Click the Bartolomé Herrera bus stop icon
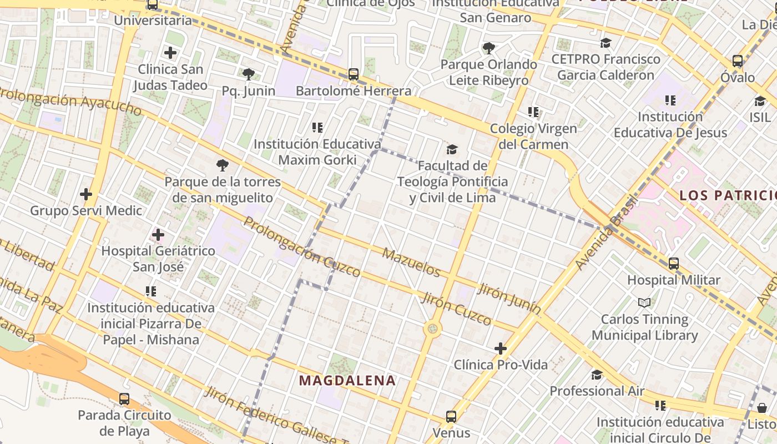coord(353,74)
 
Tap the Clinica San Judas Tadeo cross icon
coord(170,53)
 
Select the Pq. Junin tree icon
coord(249,74)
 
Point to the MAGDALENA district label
coord(347,381)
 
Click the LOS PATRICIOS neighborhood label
coord(728,195)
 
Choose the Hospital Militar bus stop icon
coord(674,264)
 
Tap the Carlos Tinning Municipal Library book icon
coord(644,302)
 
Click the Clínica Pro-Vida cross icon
coord(501,349)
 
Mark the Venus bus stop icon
coord(451,416)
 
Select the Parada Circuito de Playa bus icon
coord(124,398)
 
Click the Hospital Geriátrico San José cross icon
coord(158,235)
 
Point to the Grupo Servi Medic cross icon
coord(86,194)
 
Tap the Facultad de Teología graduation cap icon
coord(452,149)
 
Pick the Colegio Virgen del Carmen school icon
coord(533,112)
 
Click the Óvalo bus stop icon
coord(738,60)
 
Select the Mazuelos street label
coord(412,263)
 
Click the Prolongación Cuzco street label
coord(302,247)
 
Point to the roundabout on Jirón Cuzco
coord(432,329)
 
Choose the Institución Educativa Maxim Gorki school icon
coord(317,128)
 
